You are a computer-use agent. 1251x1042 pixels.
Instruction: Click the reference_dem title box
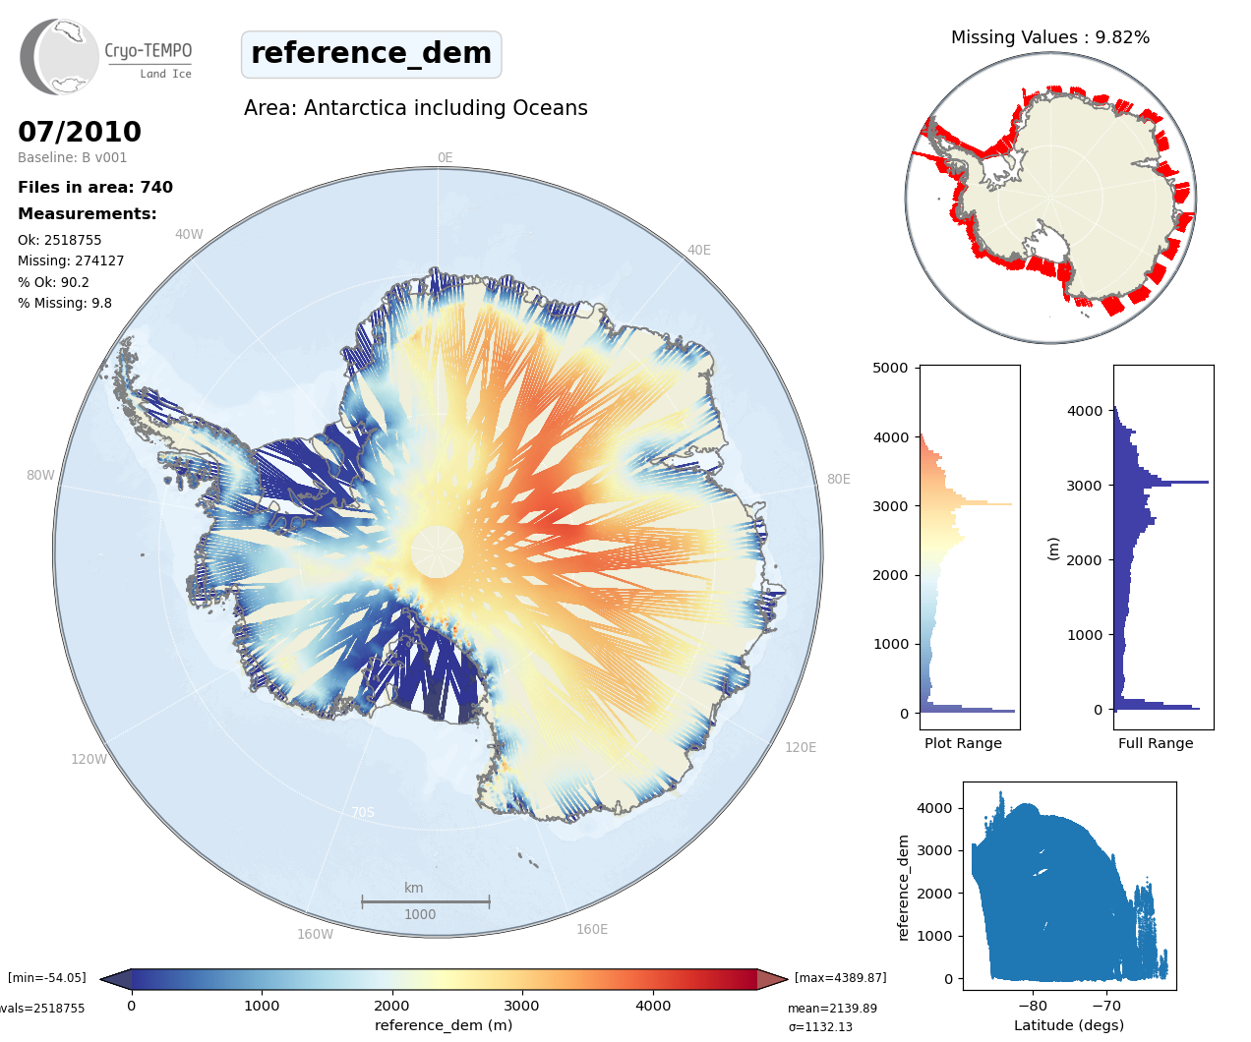click(x=371, y=54)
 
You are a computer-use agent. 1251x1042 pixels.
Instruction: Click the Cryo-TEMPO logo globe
click(x=61, y=57)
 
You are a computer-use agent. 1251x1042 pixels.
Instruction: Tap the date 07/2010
click(x=80, y=132)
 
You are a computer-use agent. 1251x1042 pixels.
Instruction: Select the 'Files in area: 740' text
click(x=95, y=187)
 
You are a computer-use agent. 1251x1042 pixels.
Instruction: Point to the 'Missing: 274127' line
click(x=71, y=260)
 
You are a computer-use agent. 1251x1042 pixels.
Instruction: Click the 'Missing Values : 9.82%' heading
click(x=1049, y=37)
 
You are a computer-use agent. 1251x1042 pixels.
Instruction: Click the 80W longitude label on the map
click(x=40, y=475)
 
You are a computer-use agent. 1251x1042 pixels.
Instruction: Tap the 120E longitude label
click(x=801, y=747)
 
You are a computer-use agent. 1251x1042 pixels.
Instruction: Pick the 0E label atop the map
click(x=445, y=157)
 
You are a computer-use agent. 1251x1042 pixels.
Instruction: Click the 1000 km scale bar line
click(x=425, y=901)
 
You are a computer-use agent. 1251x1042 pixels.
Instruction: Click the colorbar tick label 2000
click(x=391, y=1006)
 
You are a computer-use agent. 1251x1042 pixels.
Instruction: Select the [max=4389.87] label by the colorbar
click(x=840, y=978)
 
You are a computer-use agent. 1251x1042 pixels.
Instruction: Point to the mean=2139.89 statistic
click(x=832, y=1008)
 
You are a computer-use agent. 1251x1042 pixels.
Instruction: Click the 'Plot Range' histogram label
click(x=963, y=743)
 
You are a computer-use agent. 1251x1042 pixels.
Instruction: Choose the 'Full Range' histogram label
click(x=1156, y=743)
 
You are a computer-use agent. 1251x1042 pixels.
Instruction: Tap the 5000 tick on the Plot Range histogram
click(x=890, y=368)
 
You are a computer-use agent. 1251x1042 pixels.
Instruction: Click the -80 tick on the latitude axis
click(x=1033, y=1006)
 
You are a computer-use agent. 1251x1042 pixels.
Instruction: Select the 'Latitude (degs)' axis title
click(x=1068, y=1025)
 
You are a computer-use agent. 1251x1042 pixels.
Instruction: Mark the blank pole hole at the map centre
click(x=437, y=551)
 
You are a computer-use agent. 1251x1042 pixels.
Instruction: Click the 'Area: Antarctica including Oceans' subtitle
click(x=415, y=108)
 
